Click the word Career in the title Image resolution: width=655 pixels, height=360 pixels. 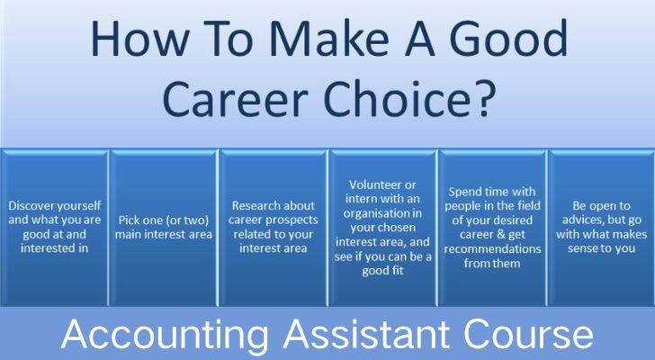pyautogui.click(x=235, y=99)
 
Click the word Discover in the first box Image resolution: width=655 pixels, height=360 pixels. pyautogui.click(x=31, y=206)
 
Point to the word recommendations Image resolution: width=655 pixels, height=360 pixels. pyautogui.click(x=492, y=249)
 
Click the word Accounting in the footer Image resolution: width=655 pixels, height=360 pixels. pyautogui.click(x=165, y=335)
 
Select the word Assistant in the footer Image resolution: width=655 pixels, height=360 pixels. pyautogui.click(x=367, y=334)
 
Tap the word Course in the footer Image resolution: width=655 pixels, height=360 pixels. pyautogui.click(x=528, y=334)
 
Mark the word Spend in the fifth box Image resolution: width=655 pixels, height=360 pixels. pyautogui.click(x=463, y=192)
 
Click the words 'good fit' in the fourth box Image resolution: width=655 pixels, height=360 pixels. pyautogui.click(x=382, y=271)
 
